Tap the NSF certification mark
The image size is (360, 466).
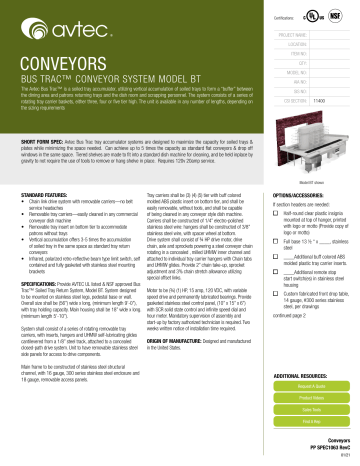[x=337, y=17]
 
